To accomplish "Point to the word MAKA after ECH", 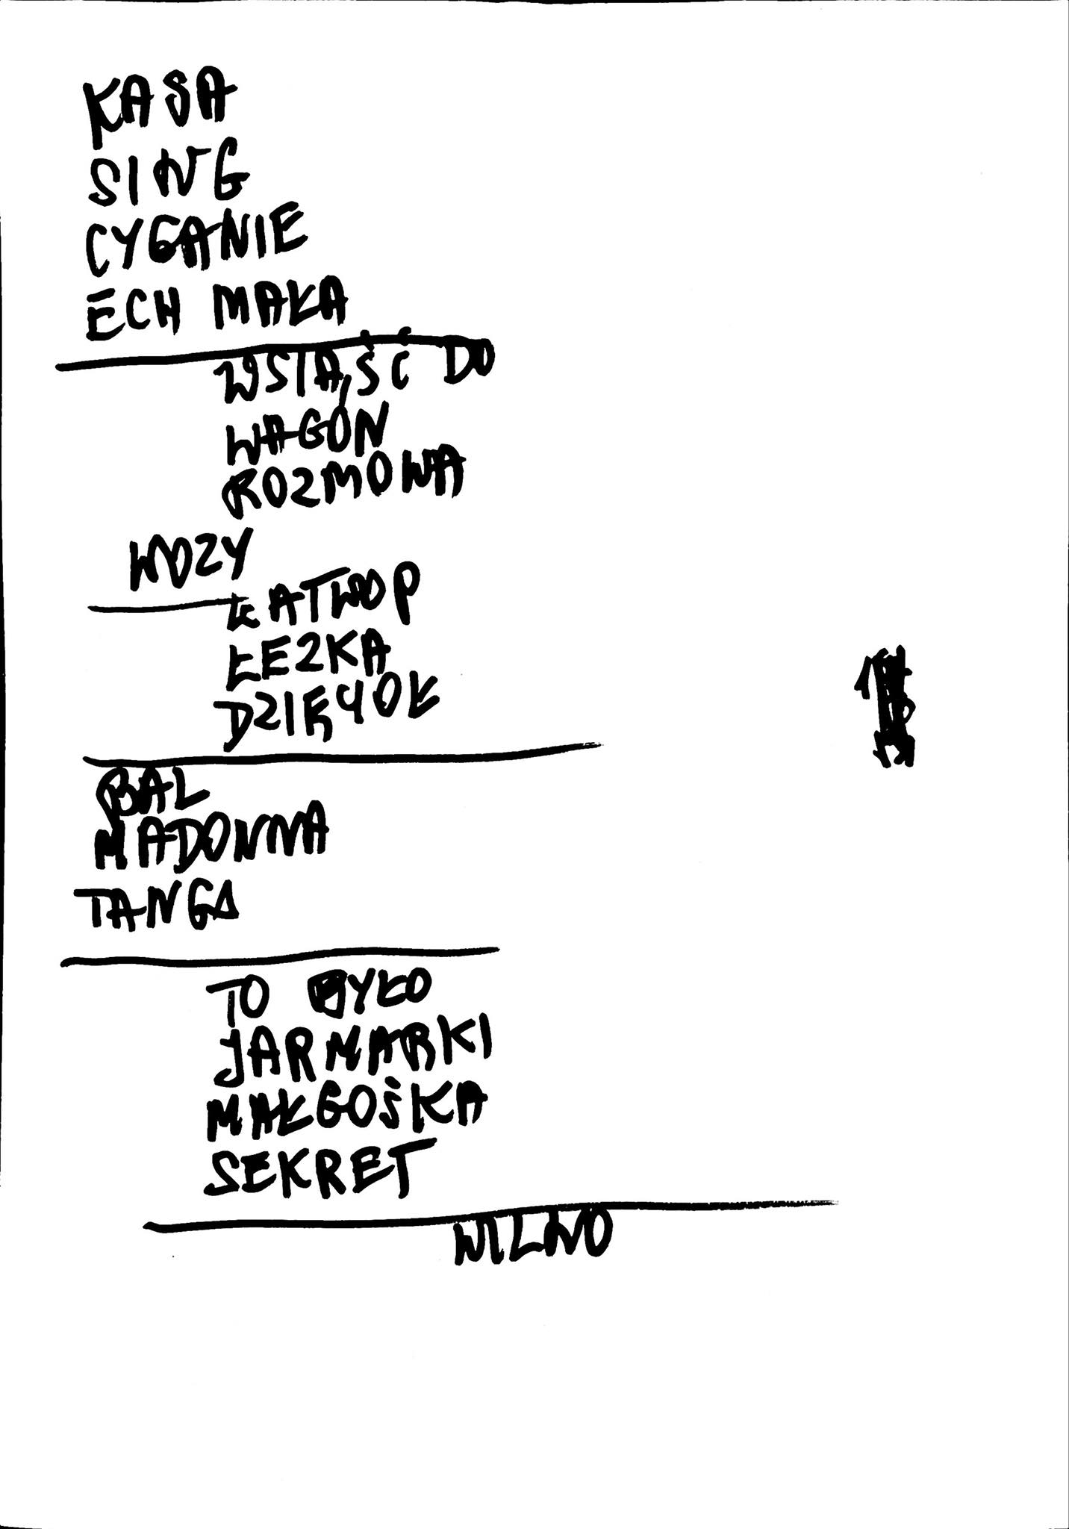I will pos(279,304).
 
